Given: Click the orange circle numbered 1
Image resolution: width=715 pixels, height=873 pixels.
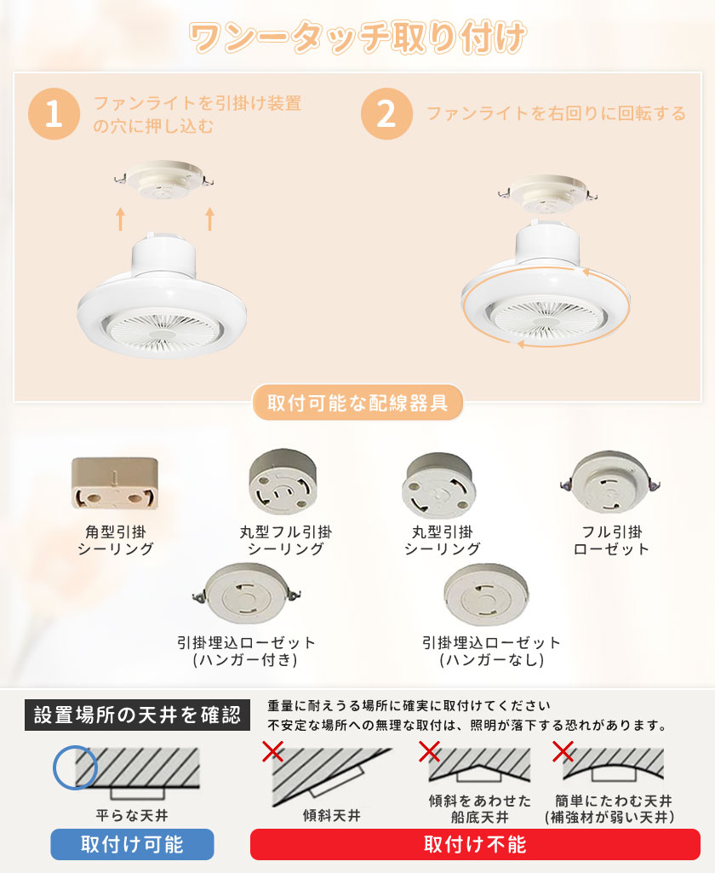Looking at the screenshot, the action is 54,113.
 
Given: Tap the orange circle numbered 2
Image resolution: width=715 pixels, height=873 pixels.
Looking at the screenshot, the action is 386,113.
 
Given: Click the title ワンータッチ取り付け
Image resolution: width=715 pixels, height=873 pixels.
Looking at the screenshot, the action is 357,37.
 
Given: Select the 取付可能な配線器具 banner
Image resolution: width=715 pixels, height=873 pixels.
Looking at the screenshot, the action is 357,403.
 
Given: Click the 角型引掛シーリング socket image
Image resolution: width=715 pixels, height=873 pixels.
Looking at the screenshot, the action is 115,483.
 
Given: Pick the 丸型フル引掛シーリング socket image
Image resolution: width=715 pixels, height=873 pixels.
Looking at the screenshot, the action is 283,482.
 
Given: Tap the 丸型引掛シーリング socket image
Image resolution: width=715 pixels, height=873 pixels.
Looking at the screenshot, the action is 439,485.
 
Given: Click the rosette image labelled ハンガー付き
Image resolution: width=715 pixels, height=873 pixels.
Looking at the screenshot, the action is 246,594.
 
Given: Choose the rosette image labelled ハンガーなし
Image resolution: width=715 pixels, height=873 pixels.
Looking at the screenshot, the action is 486,594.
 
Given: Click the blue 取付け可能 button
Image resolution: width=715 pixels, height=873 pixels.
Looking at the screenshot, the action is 132,844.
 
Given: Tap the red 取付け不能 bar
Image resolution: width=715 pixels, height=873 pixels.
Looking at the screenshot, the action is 475,844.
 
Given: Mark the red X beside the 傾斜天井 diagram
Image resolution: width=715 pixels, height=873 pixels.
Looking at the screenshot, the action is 272,751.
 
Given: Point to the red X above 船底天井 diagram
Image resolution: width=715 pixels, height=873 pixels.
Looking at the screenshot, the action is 429,751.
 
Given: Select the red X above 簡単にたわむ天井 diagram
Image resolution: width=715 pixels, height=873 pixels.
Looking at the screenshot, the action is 563,751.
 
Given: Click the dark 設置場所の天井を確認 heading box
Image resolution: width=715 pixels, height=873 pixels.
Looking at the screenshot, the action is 137,715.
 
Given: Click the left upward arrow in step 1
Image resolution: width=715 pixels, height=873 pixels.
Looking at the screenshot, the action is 120,219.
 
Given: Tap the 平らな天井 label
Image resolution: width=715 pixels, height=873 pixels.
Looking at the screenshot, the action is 132,816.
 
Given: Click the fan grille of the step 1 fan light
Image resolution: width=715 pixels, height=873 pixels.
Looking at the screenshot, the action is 162,330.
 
